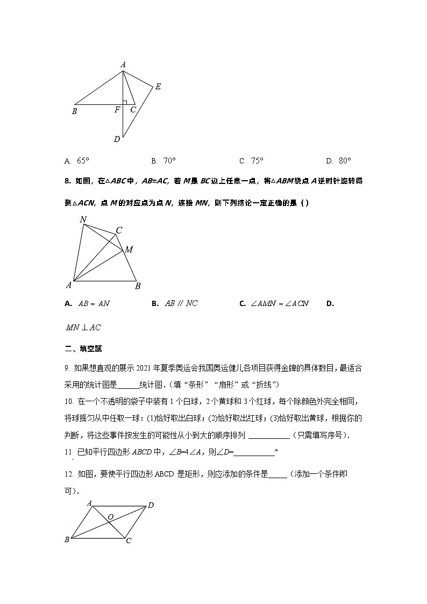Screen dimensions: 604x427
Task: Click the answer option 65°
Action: (x=77, y=160)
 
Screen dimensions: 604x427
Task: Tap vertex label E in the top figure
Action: (x=158, y=86)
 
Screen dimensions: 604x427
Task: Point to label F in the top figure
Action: (x=117, y=110)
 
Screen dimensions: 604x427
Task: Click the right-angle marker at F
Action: (x=125, y=102)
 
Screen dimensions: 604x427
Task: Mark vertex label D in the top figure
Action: (x=117, y=139)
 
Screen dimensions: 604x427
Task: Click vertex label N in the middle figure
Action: (x=83, y=219)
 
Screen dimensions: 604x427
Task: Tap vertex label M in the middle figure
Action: (x=129, y=250)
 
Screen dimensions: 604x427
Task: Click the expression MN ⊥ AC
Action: (x=83, y=327)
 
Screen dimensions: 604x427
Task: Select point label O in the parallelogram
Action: (x=110, y=517)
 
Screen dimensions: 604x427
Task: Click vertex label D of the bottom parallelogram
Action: (x=151, y=505)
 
